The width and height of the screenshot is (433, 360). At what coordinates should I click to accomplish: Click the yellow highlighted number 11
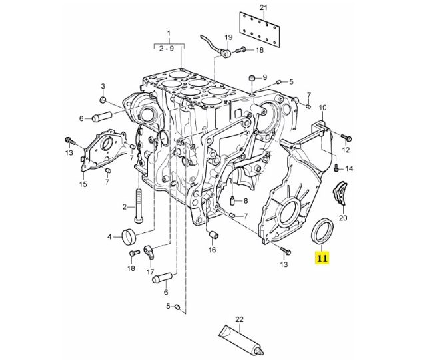pos(323,256)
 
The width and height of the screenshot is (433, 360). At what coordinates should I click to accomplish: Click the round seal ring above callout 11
pos(324,232)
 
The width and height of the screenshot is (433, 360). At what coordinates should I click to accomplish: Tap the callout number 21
pos(262,7)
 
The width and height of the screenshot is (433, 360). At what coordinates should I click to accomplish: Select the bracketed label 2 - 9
pos(168,47)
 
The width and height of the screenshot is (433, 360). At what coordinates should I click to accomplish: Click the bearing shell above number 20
pos(342,194)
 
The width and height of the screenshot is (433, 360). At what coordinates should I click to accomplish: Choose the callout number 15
pos(83,184)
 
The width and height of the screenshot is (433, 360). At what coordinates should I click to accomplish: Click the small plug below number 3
pos(103,100)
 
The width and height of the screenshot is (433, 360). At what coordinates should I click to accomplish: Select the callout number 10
pos(322,107)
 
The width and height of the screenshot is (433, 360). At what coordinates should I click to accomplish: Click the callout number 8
pos(245,200)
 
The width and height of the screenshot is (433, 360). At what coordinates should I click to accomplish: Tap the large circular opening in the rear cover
pos(289,215)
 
